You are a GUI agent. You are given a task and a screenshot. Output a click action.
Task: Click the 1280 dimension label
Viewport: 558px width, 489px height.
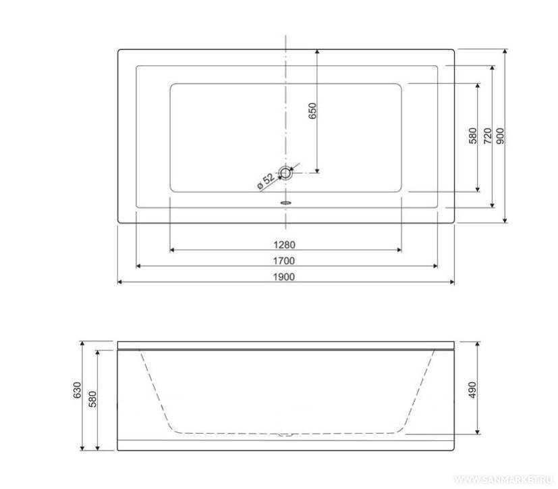284,244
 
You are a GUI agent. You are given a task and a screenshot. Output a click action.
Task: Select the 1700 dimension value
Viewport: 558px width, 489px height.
284,261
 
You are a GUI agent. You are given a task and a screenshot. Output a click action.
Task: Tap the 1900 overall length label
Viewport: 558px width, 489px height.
284,277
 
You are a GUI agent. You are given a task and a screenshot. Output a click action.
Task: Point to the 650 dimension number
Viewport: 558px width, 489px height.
312,111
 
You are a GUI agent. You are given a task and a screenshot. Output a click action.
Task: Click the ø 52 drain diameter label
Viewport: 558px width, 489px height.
266,181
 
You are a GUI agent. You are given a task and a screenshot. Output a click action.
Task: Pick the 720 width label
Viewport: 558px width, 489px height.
488,136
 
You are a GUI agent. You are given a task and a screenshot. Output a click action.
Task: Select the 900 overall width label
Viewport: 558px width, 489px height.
500,136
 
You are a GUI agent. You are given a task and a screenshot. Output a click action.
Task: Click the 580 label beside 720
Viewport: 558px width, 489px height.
472,136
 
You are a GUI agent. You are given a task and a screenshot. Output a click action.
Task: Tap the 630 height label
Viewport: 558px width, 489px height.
77,390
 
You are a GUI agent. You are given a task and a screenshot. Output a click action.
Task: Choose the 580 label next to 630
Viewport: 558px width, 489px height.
92,399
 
